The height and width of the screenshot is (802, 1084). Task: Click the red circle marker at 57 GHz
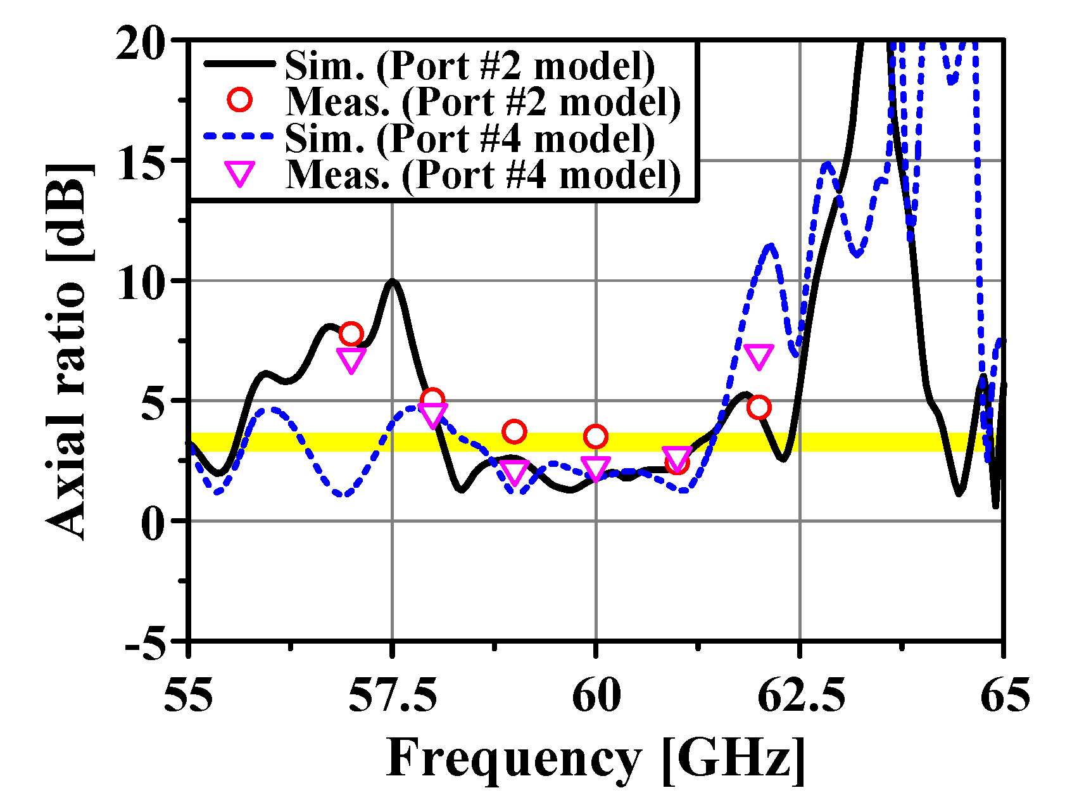[351, 333]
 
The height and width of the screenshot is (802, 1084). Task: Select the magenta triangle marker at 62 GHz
[759, 356]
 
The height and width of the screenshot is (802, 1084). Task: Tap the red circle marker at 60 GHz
[595, 436]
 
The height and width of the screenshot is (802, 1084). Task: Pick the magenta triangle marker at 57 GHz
[351, 360]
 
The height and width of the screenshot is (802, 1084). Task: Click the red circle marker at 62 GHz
[759, 407]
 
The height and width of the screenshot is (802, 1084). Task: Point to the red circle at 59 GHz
[514, 432]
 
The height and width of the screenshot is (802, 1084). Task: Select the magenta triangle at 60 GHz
[595, 468]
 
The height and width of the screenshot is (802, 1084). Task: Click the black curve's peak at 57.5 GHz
[393, 281]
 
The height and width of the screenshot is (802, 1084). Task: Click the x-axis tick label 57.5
[393, 696]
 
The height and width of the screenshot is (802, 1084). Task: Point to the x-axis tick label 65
[1004, 696]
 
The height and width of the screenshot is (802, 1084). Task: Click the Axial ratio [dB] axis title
[68, 352]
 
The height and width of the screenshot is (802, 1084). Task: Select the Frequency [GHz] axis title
[595, 758]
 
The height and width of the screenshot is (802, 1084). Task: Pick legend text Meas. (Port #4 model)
[482, 174]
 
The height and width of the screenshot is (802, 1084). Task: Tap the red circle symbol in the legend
[241, 100]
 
